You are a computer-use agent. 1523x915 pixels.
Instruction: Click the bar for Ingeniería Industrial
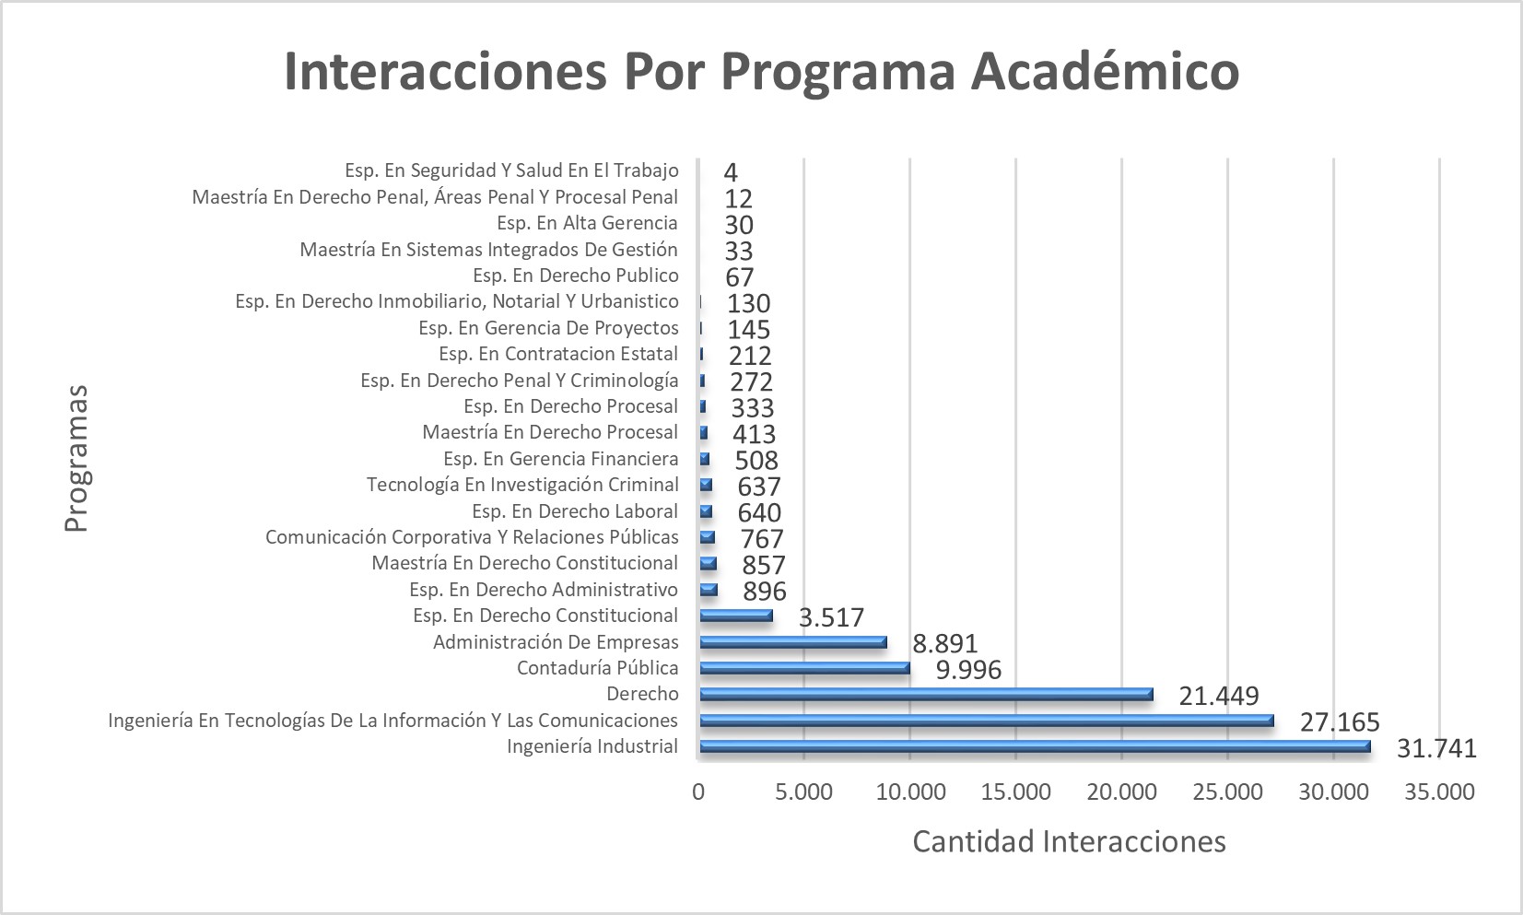pos(1034,747)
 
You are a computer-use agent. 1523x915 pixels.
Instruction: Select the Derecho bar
pos(926,695)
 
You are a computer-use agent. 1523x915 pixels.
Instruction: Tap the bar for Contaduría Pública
pos(804,669)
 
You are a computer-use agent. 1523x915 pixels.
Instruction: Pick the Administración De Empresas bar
pos(792,642)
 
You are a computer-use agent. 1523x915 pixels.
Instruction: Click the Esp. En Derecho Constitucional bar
pos(735,616)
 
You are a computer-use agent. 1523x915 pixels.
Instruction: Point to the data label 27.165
pos(1340,722)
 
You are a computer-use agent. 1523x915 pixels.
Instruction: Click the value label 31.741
pos(1436,748)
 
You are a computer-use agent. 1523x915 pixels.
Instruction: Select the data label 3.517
pos(831,617)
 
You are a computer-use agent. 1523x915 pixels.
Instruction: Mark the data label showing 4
pos(731,172)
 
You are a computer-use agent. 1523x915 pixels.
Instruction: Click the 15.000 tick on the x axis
pos(1016,792)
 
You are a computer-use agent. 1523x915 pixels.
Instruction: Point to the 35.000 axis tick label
pos(1440,792)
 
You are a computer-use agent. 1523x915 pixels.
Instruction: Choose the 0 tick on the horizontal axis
pos(698,792)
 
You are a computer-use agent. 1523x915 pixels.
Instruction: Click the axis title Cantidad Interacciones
pos(1069,841)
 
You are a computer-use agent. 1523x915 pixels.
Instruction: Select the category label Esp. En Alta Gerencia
pos(587,223)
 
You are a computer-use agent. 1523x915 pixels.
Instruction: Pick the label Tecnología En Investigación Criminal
pos(522,485)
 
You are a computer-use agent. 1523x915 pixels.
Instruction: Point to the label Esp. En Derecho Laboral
pos(574,511)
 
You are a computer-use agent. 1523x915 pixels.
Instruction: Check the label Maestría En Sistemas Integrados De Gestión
pos(488,250)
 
